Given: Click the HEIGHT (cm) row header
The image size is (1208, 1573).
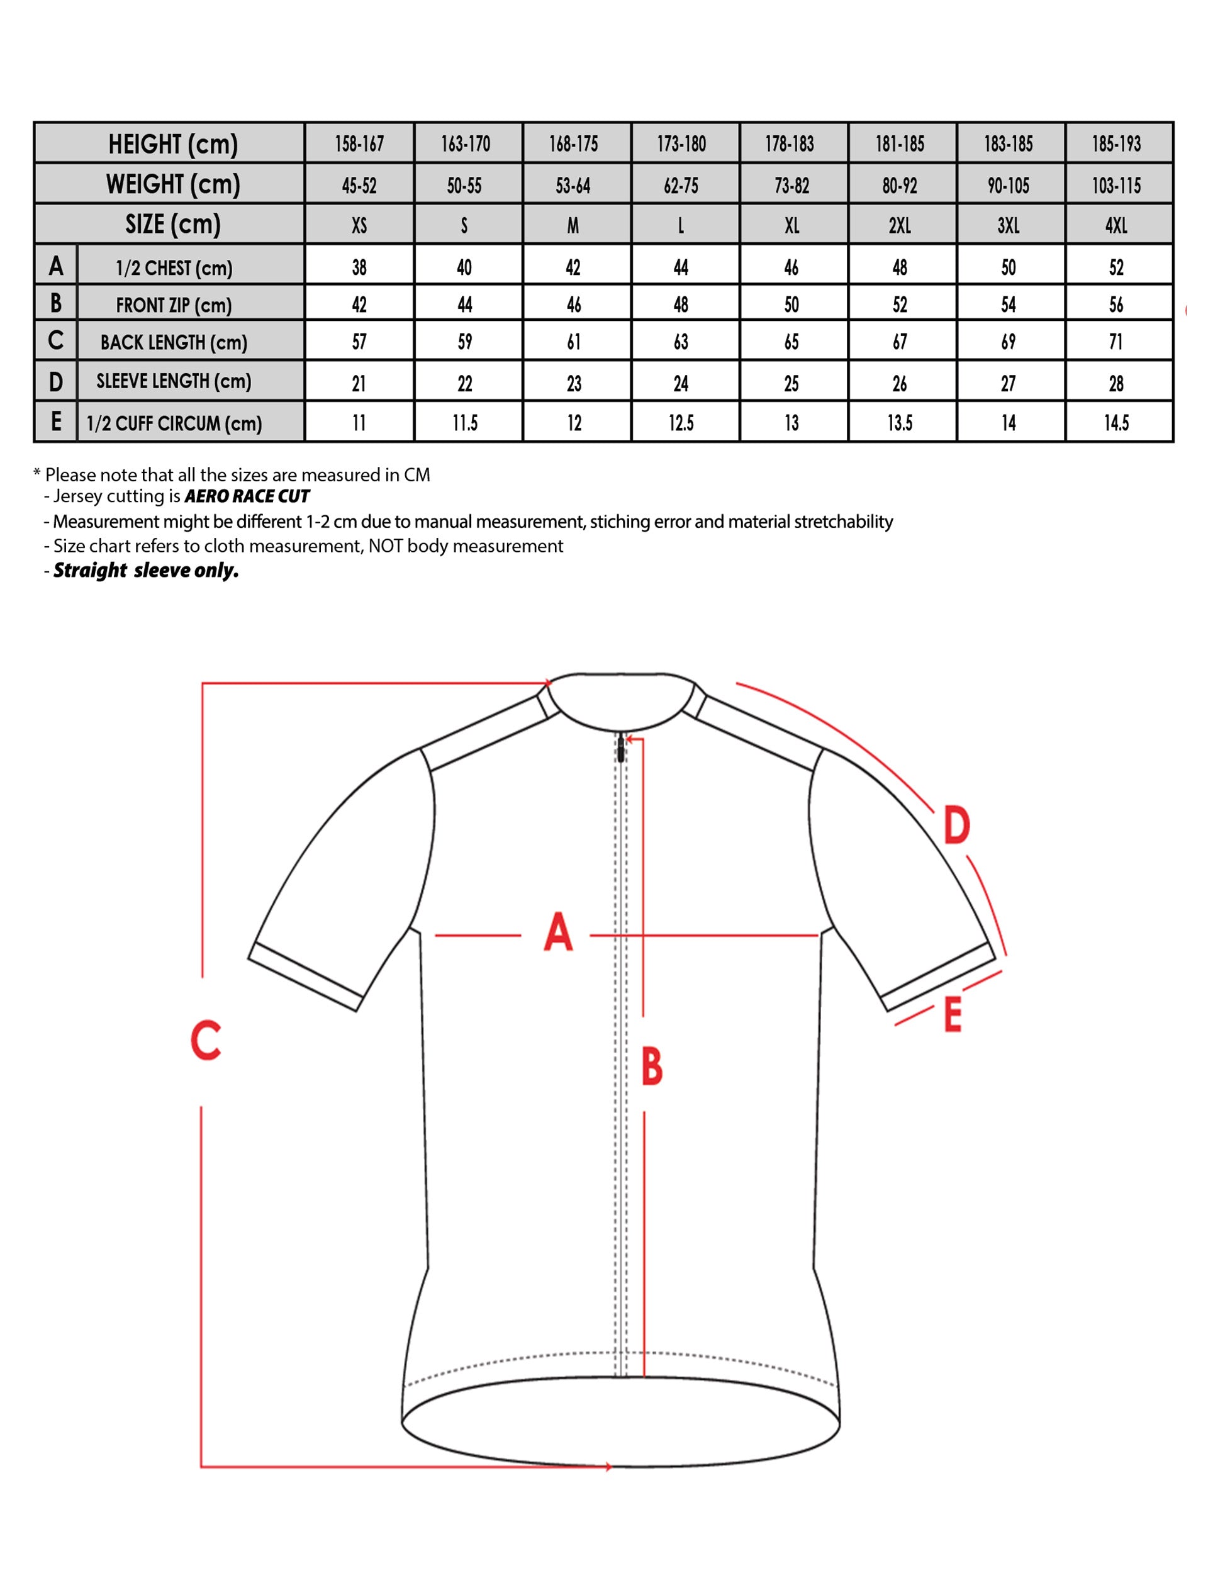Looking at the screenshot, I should (172, 144).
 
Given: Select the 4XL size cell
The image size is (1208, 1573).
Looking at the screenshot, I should (1116, 226).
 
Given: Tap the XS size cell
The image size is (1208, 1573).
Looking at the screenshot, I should (359, 226).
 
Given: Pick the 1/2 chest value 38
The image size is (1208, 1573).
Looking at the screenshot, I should (359, 267).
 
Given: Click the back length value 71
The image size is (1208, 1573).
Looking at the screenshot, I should (1116, 342).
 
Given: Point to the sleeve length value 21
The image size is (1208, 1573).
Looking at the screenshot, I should (359, 383).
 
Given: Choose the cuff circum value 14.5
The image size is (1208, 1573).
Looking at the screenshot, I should (1116, 423).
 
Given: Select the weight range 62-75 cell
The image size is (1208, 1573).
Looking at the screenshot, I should (681, 186).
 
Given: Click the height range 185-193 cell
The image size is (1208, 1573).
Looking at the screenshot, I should (1116, 144).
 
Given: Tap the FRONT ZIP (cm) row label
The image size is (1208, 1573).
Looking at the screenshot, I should (174, 305).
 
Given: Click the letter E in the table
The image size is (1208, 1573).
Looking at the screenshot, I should (56, 422).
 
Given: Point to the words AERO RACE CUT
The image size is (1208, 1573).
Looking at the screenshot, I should (247, 496).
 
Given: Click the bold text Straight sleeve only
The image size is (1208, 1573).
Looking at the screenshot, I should (146, 570).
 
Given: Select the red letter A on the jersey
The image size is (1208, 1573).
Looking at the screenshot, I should (558, 932).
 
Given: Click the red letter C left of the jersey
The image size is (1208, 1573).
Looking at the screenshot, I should (206, 1039).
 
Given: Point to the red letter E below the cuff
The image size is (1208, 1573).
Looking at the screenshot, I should (953, 1015).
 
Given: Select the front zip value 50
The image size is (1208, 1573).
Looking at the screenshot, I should (791, 305).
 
